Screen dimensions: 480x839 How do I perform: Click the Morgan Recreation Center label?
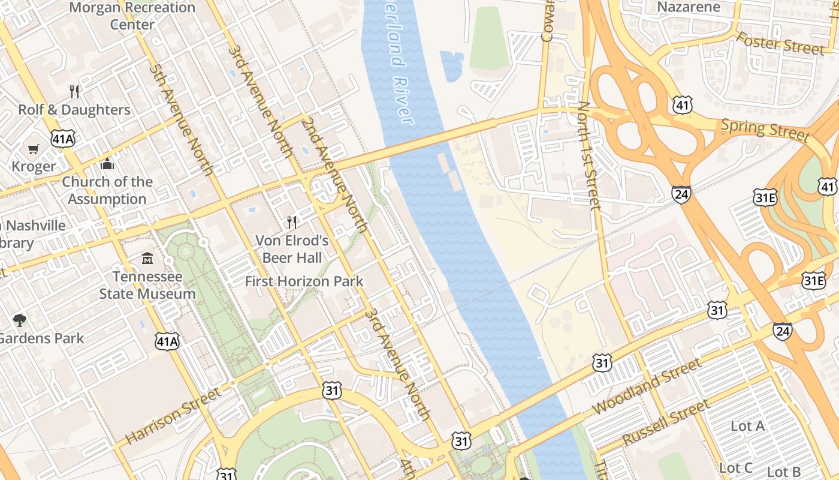132,16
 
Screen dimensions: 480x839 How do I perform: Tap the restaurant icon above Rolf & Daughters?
74,92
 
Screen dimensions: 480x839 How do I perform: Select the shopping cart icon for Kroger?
34,149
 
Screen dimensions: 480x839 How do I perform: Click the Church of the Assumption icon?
108,164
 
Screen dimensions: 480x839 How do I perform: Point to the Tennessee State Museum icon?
147,259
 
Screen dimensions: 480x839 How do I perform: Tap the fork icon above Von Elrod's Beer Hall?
292,223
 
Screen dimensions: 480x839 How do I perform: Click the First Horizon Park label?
304,281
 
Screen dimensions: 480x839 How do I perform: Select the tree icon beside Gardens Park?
20,320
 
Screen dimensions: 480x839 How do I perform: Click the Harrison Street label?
173,416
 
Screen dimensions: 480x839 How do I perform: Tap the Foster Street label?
780,43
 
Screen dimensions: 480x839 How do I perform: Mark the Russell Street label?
666,424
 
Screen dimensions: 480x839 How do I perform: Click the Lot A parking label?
748,426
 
